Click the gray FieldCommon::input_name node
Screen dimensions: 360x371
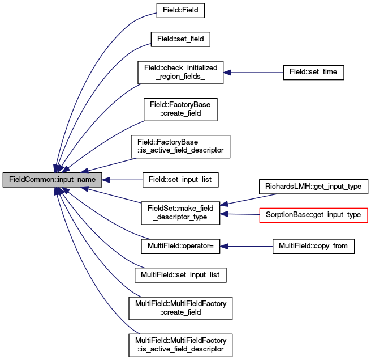(52, 180)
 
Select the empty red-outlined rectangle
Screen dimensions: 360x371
(313, 215)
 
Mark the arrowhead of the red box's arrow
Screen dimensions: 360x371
(224, 214)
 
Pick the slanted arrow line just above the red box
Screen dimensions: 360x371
(252, 199)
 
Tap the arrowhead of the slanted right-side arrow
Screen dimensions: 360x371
(224, 204)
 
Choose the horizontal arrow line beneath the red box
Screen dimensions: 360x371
(249, 247)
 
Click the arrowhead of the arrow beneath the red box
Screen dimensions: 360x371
(224, 247)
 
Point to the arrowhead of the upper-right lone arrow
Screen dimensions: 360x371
(227, 73)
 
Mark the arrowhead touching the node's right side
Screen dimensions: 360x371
(106, 180)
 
